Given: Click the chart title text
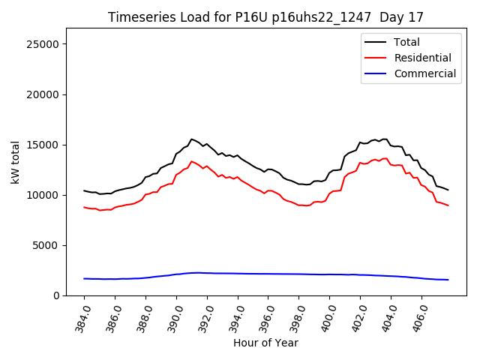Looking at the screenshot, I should (266, 17).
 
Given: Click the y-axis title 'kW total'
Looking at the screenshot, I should (16, 162).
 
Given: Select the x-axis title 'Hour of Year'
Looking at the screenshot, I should (265, 343).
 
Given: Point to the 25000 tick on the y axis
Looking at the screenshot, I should (44, 44).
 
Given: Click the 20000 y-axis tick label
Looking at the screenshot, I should (44, 94).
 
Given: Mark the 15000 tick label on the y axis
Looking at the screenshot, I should (44, 145).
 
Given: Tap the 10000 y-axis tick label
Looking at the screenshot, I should (44, 195).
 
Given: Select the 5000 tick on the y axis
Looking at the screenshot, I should (47, 245).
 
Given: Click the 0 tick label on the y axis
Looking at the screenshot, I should (56, 295).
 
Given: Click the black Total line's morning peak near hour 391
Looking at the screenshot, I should (191, 139).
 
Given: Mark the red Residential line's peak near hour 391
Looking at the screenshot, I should (191, 161).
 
